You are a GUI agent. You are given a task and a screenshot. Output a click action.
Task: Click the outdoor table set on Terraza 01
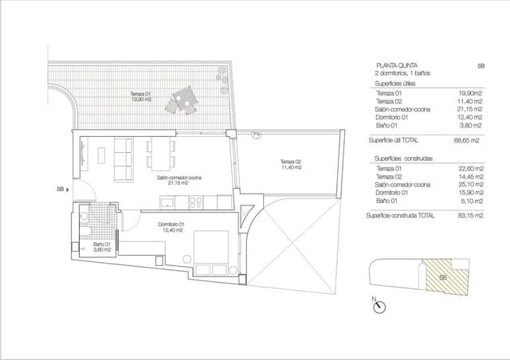[181, 102]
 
